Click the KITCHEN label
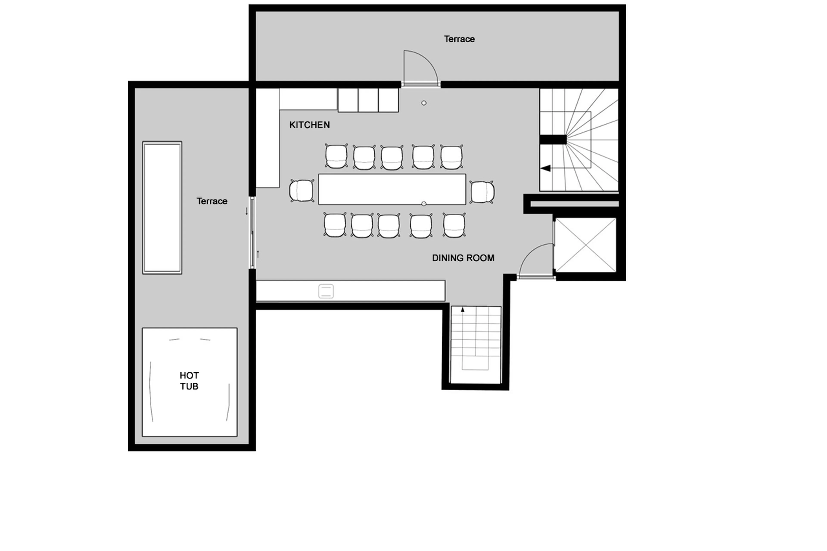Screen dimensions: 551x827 (309, 125)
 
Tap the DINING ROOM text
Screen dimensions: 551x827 (463, 258)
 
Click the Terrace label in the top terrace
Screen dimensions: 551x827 (459, 39)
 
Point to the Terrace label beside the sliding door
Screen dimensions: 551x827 (211, 201)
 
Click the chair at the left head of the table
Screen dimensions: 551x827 (302, 191)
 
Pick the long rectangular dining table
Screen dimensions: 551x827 (392, 189)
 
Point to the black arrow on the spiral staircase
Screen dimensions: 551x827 (546, 168)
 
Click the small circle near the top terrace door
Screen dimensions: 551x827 (424, 103)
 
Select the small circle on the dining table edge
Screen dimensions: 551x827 (424, 204)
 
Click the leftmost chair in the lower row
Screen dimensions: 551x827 (335, 225)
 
